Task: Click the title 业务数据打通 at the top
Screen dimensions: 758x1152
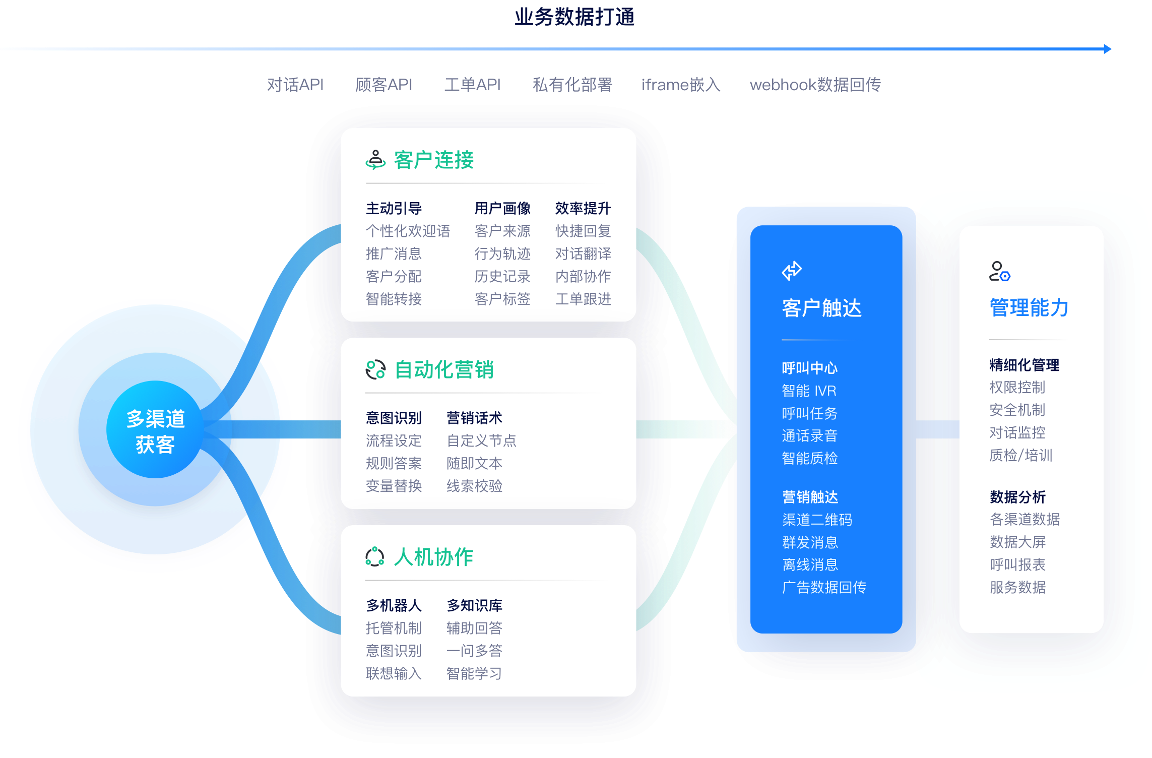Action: click(x=574, y=17)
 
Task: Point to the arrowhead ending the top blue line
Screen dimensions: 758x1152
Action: click(x=1107, y=49)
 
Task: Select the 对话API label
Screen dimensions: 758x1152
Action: click(x=295, y=85)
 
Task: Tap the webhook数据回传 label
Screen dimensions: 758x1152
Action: click(x=815, y=85)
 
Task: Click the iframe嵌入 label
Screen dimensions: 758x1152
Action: click(x=681, y=85)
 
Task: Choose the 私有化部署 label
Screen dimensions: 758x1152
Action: click(x=572, y=85)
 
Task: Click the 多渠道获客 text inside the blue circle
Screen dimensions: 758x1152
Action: click(x=155, y=432)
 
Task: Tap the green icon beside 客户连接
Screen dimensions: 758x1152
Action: click(x=375, y=159)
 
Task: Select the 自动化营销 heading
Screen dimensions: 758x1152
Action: click(x=443, y=369)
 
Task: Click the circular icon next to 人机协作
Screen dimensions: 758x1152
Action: click(x=375, y=557)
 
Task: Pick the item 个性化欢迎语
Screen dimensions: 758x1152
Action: click(x=408, y=231)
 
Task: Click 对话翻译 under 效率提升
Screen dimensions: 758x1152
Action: click(x=583, y=254)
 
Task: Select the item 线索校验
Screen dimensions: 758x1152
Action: click(x=474, y=486)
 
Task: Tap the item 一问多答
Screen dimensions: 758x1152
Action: click(x=474, y=651)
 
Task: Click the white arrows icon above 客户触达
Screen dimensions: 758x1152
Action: click(x=792, y=270)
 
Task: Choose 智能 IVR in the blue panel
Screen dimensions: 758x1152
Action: click(x=809, y=391)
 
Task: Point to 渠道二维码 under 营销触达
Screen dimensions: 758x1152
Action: click(x=817, y=520)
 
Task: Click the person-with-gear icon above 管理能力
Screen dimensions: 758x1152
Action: click(x=999, y=271)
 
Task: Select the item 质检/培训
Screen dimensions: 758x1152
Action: click(x=1020, y=455)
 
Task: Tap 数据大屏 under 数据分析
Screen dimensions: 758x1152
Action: click(x=1017, y=542)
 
